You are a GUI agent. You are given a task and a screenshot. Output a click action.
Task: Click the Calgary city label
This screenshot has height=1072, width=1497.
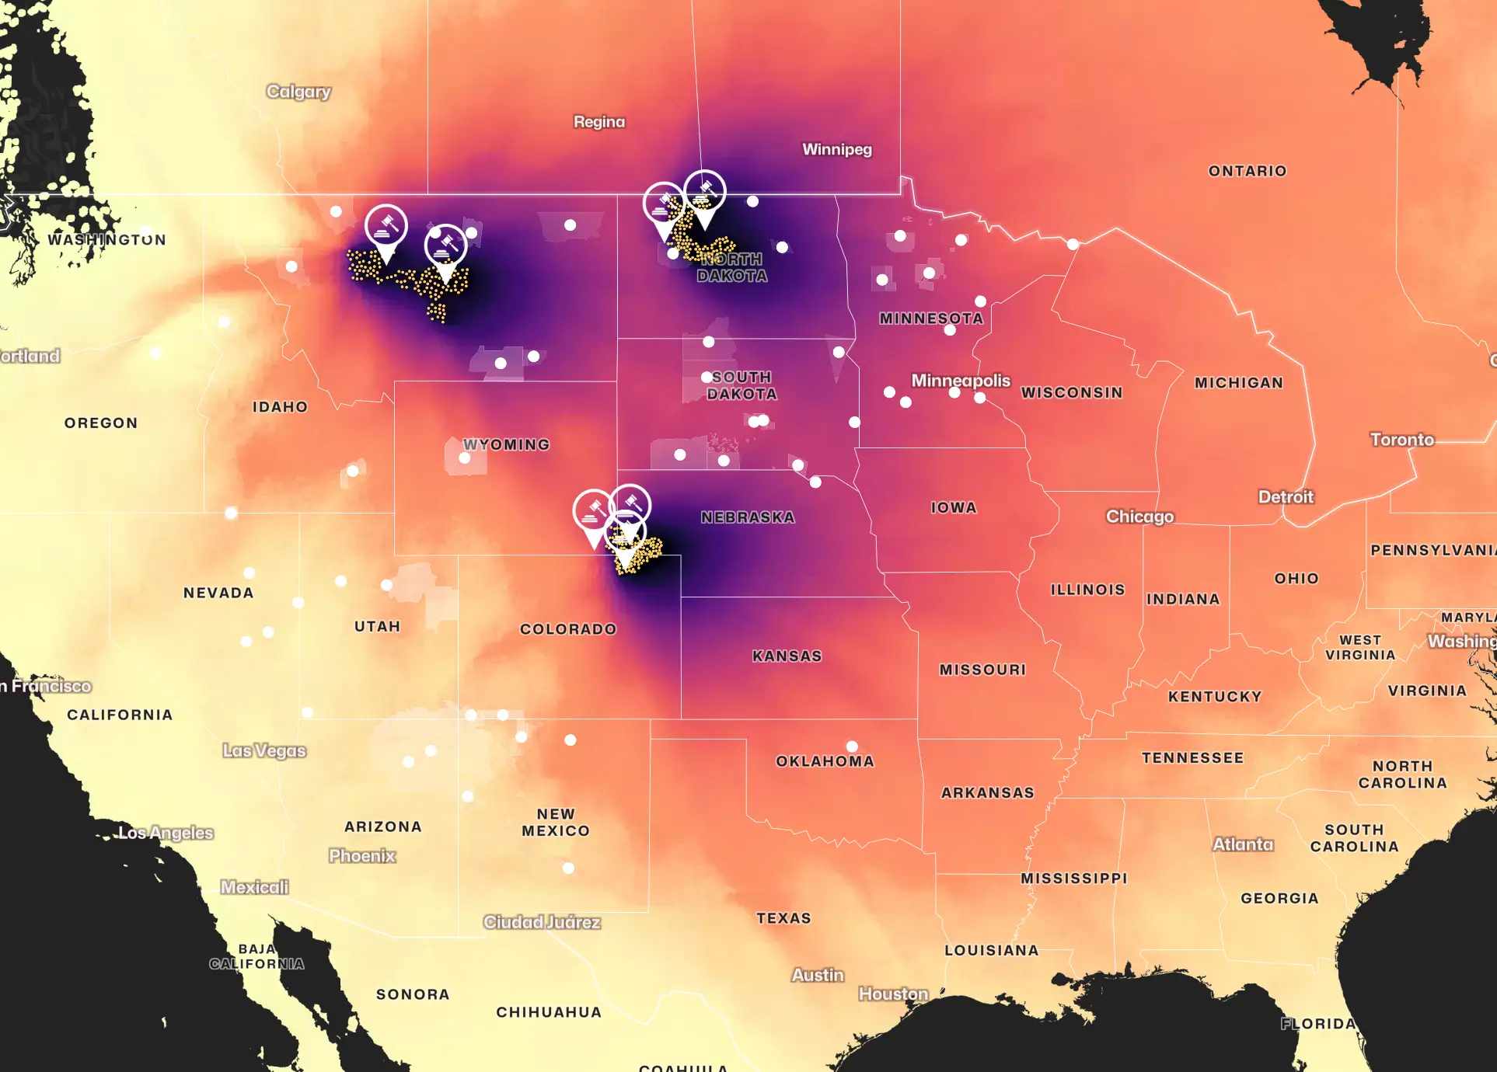pos(298,92)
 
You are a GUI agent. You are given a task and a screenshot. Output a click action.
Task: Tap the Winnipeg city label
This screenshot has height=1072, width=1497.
pos(837,149)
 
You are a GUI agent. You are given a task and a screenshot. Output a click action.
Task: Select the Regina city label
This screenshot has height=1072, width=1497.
pos(599,122)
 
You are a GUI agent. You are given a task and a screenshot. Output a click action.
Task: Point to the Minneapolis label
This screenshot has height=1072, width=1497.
pos(961,381)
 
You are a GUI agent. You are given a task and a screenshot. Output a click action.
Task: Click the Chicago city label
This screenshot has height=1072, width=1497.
pos(1139,517)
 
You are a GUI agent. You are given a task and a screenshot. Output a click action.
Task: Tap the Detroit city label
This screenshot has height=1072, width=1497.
pos(1286,497)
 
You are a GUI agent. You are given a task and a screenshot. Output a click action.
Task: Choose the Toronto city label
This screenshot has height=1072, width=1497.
pos(1401,440)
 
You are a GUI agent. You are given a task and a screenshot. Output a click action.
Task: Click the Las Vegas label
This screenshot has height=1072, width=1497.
pos(264,750)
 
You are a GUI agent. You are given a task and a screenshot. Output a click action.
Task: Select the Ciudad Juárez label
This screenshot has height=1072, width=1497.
pos(542,922)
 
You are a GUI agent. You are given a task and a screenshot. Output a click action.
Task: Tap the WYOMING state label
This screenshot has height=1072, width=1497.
pos(507,444)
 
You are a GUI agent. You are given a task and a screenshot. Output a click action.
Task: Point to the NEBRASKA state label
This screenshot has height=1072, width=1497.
pos(748,517)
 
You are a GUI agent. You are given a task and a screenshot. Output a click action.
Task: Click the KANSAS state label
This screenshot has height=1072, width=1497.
pos(787,656)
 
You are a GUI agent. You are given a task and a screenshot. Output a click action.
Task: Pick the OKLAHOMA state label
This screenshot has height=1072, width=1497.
pos(825,761)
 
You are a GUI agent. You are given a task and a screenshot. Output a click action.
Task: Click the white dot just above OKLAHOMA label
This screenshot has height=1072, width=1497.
pos(852,747)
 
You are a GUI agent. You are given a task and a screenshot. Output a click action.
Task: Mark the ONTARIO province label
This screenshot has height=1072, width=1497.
pos(1247,171)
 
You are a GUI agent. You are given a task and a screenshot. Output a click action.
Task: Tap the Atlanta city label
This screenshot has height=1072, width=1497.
pos(1243,844)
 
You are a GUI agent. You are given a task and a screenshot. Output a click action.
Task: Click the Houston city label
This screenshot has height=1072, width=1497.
pos(893,994)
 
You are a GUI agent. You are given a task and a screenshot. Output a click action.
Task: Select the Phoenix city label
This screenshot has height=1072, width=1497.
pos(362,855)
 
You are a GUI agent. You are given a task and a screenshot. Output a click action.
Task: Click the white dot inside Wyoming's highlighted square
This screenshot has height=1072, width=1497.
pos(465,458)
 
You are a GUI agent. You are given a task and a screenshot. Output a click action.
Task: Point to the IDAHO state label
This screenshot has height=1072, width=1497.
pos(280,407)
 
